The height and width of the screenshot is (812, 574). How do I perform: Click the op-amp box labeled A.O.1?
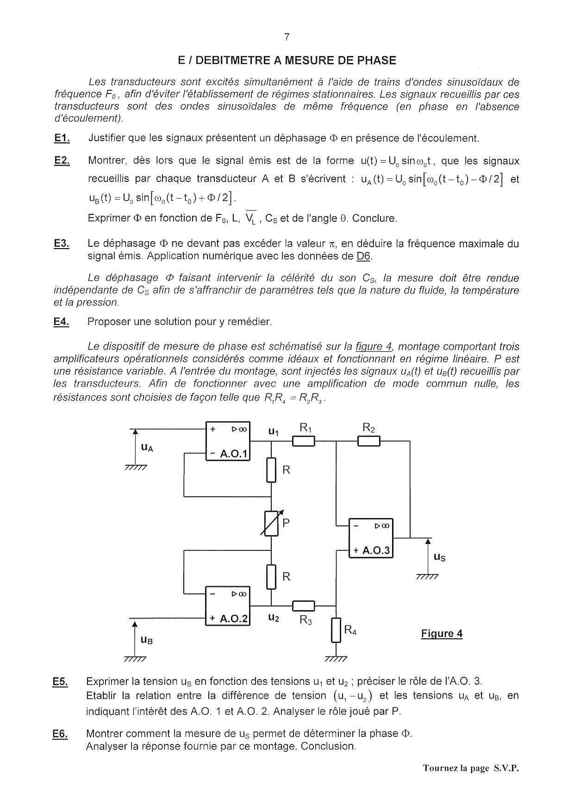pyautogui.click(x=227, y=441)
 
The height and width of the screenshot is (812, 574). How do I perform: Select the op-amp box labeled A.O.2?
pyautogui.click(x=227, y=606)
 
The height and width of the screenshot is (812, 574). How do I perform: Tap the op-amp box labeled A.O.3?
pyautogui.click(x=370, y=538)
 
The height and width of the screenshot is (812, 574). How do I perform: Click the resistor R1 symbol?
pyautogui.click(x=304, y=442)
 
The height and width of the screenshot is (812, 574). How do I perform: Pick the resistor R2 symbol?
pyautogui.click(x=368, y=442)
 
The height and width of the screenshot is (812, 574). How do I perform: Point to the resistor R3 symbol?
pyautogui.click(x=304, y=606)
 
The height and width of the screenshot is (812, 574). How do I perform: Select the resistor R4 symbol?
pyautogui.click(x=336, y=630)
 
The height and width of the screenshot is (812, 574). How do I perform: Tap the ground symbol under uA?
pyautogui.click(x=135, y=468)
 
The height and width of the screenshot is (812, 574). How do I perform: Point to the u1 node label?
pyautogui.click(x=274, y=432)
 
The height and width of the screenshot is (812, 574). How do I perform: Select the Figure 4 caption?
pyautogui.click(x=442, y=633)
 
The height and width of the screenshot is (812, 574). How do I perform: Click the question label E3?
pyautogui.click(x=62, y=244)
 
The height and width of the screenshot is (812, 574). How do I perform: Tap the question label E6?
pyautogui.click(x=60, y=734)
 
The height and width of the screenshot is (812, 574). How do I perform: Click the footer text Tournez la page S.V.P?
pyautogui.click(x=470, y=768)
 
